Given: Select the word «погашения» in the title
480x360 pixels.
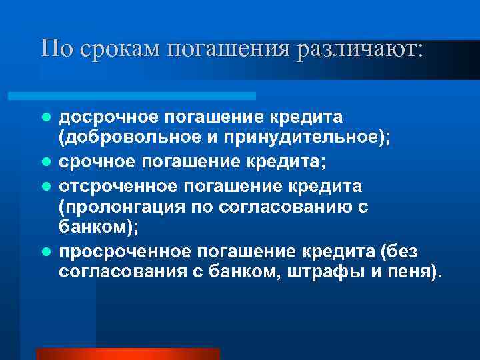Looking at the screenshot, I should (223, 49).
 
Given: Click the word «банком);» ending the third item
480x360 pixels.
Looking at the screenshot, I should (99, 226).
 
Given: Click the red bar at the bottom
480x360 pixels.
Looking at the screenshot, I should (127, 354).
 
